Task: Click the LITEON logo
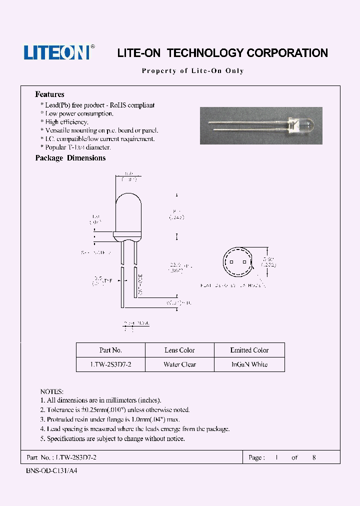(56, 52)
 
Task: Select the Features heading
(49, 94)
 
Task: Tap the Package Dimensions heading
(70, 158)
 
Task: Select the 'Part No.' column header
(110, 350)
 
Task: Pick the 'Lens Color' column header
(179, 350)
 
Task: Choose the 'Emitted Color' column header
(249, 350)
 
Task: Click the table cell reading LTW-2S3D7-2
(110, 364)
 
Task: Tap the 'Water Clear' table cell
(179, 364)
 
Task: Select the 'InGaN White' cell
(249, 364)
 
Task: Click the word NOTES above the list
(51, 391)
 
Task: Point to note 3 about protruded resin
(110, 419)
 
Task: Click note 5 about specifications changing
(112, 438)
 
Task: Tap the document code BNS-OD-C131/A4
(51, 470)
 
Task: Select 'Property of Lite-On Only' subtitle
(193, 71)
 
